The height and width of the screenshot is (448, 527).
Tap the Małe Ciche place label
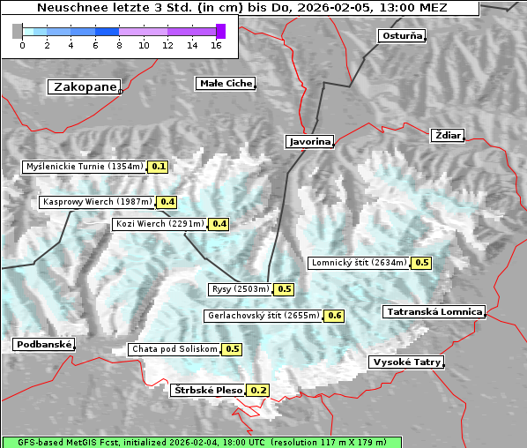pyautogui.click(x=226, y=84)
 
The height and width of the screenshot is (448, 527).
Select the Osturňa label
pyautogui.click(x=402, y=36)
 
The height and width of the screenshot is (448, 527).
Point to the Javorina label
pyautogui.click(x=309, y=141)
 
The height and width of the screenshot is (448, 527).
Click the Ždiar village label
pyautogui.click(x=448, y=135)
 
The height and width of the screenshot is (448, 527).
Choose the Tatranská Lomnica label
pyautogui.click(x=434, y=311)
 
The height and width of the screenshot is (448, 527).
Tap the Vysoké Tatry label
pyautogui.click(x=406, y=362)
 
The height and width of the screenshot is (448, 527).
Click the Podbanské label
pyautogui.click(x=43, y=345)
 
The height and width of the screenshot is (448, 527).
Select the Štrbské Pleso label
pyautogui.click(x=208, y=390)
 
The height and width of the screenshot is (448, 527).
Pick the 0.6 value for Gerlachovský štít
pyautogui.click(x=335, y=316)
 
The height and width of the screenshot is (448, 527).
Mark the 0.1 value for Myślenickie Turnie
pyautogui.click(x=159, y=166)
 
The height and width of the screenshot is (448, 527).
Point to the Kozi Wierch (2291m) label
pyautogui.click(x=160, y=224)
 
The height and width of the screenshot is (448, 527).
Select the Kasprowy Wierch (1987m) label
pyautogui.click(x=97, y=202)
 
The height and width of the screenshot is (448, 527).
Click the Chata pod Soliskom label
pyautogui.click(x=174, y=349)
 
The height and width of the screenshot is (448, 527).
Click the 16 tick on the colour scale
pyautogui.click(x=216, y=45)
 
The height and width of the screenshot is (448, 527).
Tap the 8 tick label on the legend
pyautogui.click(x=119, y=45)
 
